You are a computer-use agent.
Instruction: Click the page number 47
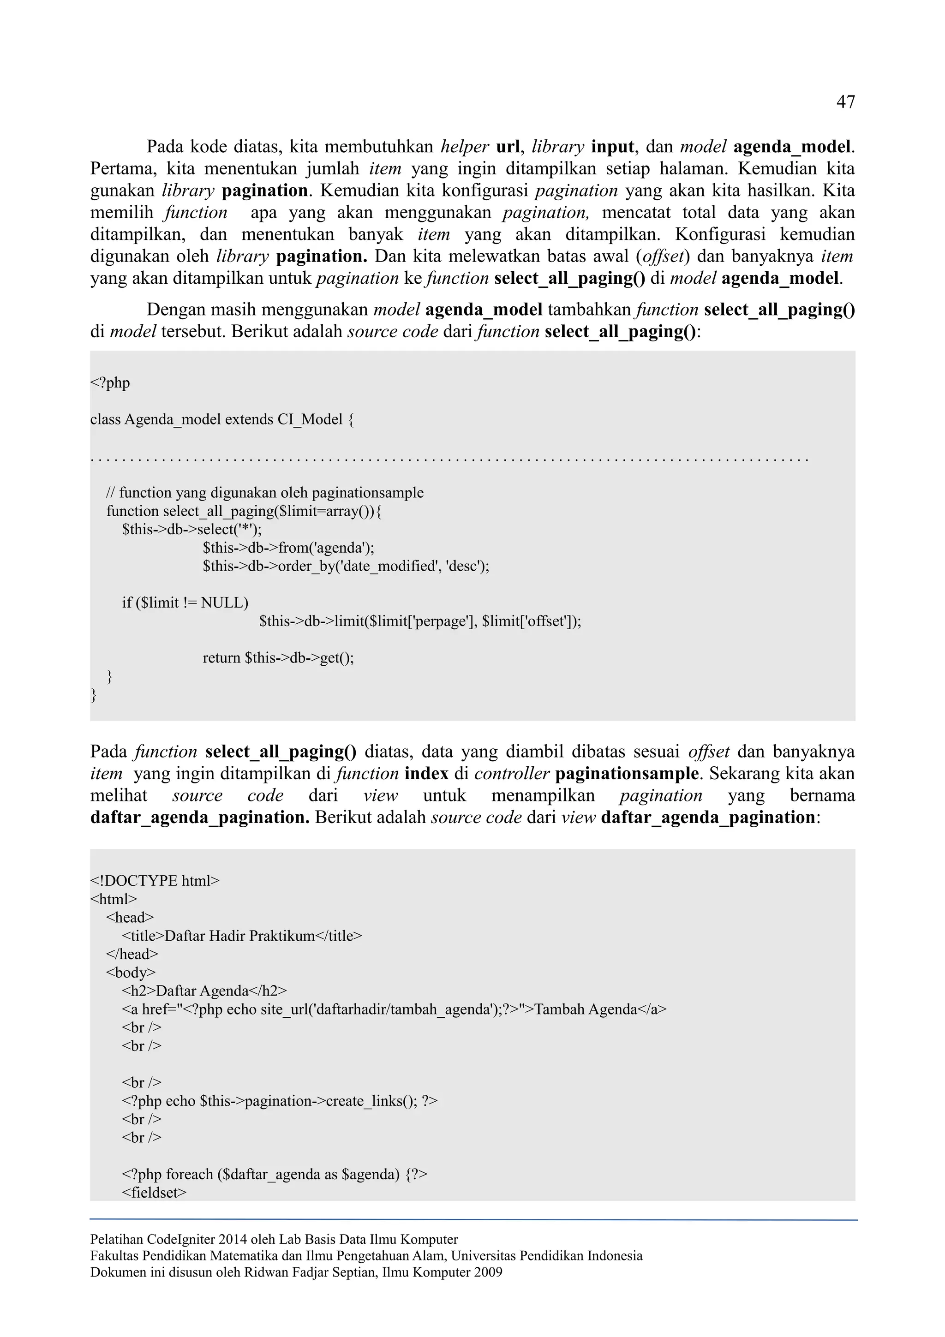click(845, 102)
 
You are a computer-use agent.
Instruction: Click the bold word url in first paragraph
click(508, 146)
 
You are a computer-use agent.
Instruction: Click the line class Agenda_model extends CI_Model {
click(222, 419)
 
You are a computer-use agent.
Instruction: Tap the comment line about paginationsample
click(265, 493)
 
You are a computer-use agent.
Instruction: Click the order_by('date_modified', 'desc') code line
click(346, 566)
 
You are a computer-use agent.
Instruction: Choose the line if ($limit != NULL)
click(185, 603)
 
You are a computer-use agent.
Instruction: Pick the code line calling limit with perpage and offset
click(420, 621)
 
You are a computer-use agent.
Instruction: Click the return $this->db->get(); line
click(278, 657)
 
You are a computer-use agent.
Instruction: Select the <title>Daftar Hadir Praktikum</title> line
click(242, 936)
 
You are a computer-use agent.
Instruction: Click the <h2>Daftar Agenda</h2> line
click(204, 991)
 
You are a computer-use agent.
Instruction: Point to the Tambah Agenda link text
click(585, 1009)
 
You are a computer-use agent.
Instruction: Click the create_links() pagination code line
click(280, 1101)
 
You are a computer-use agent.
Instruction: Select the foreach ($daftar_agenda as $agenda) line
click(274, 1174)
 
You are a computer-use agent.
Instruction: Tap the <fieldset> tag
click(154, 1192)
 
